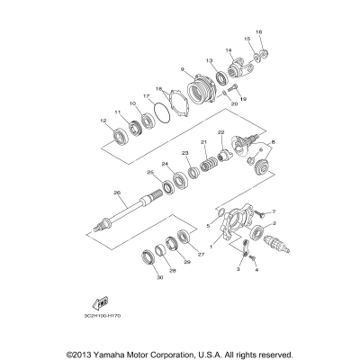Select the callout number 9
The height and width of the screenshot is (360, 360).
[182, 70]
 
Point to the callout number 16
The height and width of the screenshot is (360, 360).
[258, 31]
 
